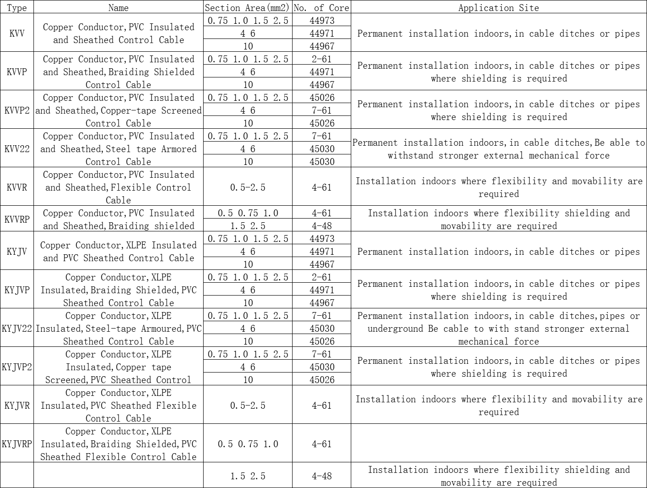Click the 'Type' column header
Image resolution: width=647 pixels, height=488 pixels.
(x=17, y=7)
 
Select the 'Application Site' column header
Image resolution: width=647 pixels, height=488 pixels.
(x=498, y=7)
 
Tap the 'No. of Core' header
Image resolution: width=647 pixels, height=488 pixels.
(x=321, y=7)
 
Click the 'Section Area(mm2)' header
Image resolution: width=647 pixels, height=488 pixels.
(x=248, y=7)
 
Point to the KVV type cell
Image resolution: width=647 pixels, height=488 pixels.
(x=17, y=33)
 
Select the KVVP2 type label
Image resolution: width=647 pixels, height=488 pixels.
(x=17, y=110)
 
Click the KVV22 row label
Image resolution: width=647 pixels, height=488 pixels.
(x=17, y=148)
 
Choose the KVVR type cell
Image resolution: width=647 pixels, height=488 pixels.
(x=17, y=187)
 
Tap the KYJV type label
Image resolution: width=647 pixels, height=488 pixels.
(x=17, y=251)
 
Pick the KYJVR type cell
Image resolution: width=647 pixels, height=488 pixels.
(x=17, y=405)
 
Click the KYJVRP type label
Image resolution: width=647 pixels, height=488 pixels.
(x=17, y=444)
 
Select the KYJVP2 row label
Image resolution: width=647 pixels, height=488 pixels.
(x=17, y=367)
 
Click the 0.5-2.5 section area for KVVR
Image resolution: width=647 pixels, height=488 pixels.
(x=248, y=187)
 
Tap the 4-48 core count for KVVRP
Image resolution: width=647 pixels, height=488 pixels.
(x=321, y=225)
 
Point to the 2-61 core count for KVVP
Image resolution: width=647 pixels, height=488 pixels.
(x=321, y=59)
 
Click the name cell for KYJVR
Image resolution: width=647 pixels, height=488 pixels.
(x=118, y=405)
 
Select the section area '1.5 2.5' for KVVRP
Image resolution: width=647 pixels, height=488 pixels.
(x=248, y=225)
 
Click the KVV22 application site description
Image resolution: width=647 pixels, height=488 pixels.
(x=498, y=148)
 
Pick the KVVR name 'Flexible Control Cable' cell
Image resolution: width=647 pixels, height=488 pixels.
(x=118, y=187)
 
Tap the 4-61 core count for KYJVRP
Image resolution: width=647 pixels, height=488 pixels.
(x=321, y=444)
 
